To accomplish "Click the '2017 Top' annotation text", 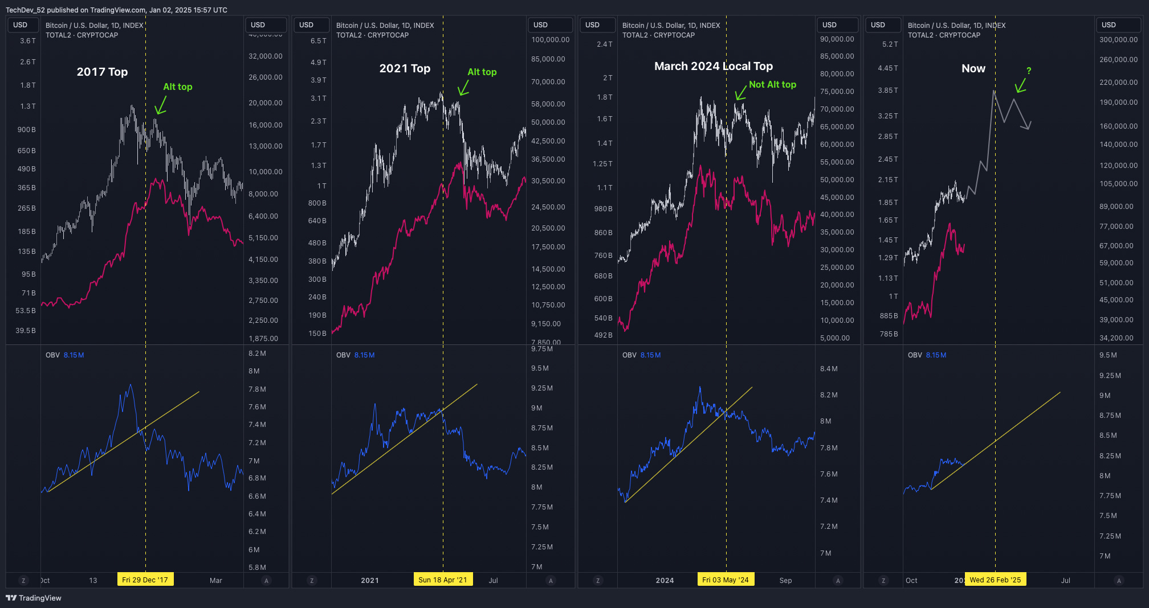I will coord(102,72).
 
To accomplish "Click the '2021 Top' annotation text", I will coord(405,68).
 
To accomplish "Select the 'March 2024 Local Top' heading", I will coord(713,66).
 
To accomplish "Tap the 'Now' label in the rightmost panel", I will coord(973,68).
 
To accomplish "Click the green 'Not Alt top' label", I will coord(772,84).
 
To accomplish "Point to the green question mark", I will coord(1029,71).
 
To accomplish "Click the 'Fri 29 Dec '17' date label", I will coord(145,580).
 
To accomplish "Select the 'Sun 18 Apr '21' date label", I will coord(442,580).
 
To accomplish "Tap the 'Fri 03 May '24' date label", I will coord(725,580).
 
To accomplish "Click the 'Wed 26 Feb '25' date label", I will coord(995,580).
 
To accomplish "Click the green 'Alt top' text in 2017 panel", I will coord(177,87).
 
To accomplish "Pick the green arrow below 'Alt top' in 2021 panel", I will coord(463,88).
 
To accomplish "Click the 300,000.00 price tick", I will coord(1118,40).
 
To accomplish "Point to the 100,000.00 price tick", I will coord(550,40).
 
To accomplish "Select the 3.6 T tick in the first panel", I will coord(27,41).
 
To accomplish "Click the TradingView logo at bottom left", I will coord(34,598).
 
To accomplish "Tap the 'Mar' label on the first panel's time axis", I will coord(215,580).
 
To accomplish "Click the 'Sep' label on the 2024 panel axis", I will coord(785,580).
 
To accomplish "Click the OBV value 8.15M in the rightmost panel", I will coord(936,355).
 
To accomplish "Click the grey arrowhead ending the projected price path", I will coord(1028,126).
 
